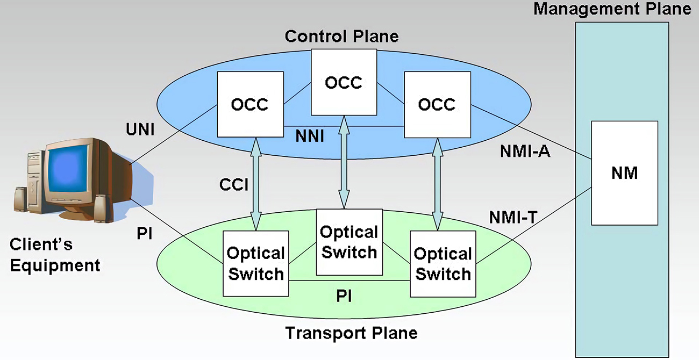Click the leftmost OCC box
[250, 104]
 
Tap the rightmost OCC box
[437, 104]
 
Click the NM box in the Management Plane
[624, 172]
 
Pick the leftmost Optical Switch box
[255, 263]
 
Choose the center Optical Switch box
[349, 242]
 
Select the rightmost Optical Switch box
[443, 263]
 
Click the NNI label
[310, 136]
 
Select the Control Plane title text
[341, 36]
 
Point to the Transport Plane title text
[351, 333]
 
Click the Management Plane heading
[612, 9]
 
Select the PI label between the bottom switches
[344, 296]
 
